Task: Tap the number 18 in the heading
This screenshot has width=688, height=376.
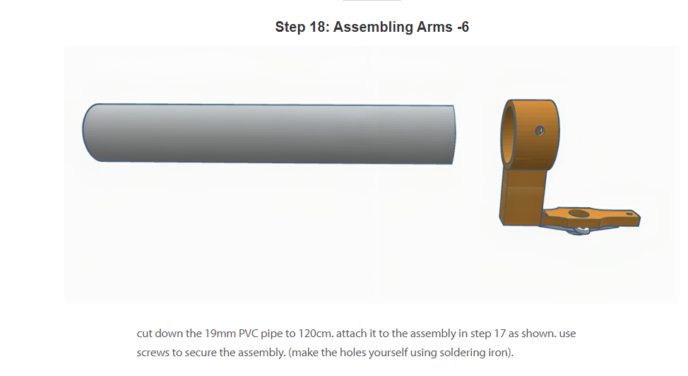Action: tap(316, 27)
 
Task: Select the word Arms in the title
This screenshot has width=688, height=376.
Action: tap(434, 27)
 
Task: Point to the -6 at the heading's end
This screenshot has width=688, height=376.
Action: tap(463, 27)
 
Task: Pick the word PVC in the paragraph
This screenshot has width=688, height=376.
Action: tap(249, 334)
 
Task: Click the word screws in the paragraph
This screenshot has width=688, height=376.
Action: tap(150, 353)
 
